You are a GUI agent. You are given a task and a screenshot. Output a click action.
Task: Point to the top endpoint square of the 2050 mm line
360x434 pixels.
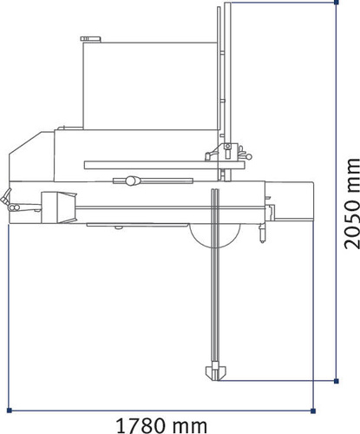334,3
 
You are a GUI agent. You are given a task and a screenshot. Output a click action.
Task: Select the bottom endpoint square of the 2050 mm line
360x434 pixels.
334,379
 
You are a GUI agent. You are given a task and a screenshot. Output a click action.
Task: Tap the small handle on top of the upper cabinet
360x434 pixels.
88,39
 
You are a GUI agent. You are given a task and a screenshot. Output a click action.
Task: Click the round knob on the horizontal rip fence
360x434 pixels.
132,181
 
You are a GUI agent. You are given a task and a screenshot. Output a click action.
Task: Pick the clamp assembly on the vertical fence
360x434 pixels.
227,155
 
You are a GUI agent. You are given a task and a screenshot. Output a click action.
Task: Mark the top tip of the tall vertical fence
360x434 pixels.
228,5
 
